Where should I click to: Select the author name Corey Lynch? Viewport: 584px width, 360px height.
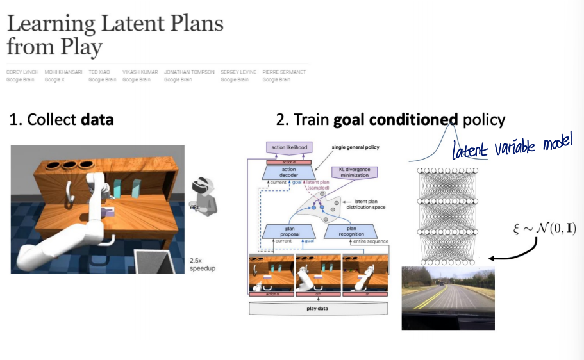point(22,72)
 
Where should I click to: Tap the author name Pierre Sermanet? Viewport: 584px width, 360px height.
point(284,72)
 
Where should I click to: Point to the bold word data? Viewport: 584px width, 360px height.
point(97,119)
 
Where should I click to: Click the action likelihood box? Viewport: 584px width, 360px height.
point(288,147)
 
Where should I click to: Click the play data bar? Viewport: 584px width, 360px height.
point(318,307)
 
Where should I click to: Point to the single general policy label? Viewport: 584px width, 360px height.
point(356,147)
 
